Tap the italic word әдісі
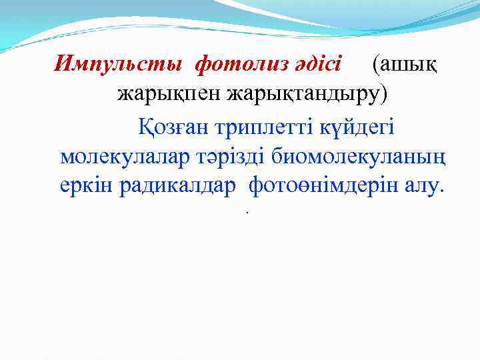tap(312, 65)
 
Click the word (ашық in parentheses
tap(405, 65)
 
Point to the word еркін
tap(86, 187)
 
